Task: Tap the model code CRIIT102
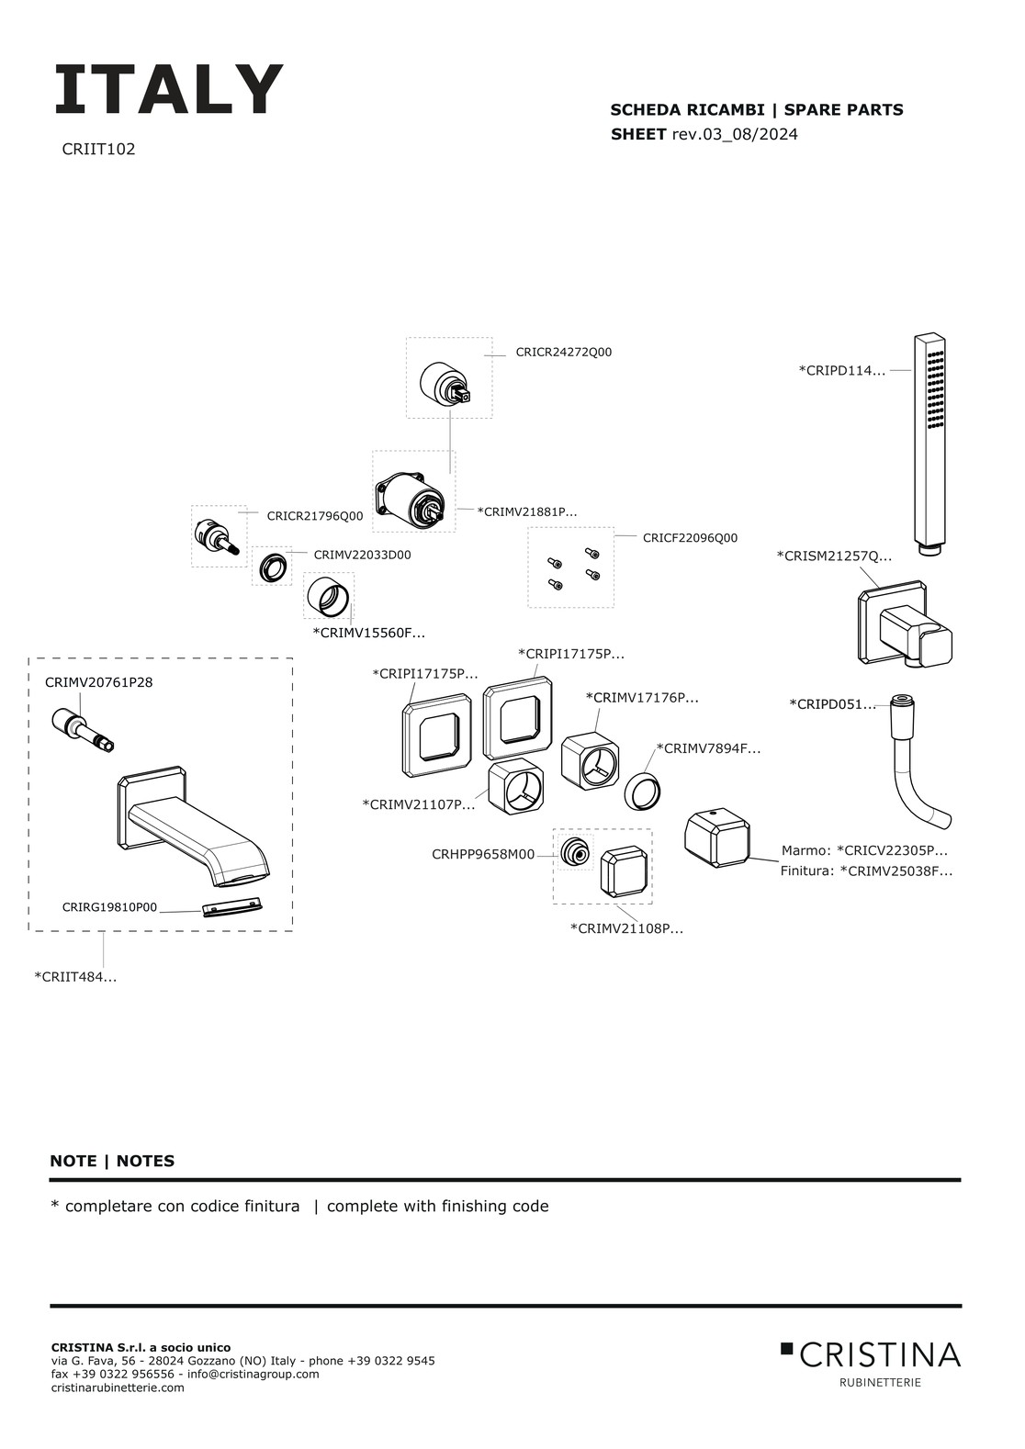coord(98,150)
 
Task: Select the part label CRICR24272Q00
coord(563,353)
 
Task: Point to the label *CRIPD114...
coord(842,371)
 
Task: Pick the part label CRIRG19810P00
coord(109,907)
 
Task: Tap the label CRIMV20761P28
coord(98,682)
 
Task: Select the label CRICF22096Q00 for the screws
coord(690,537)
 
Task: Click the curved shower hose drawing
coord(918,763)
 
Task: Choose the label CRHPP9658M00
coord(483,855)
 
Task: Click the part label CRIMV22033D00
coord(362,555)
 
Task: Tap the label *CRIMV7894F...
coord(708,748)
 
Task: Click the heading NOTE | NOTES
coord(112,1161)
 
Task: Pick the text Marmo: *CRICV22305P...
coord(864,850)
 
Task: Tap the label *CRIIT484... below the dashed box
coord(75,977)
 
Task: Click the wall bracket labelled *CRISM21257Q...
coord(905,623)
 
